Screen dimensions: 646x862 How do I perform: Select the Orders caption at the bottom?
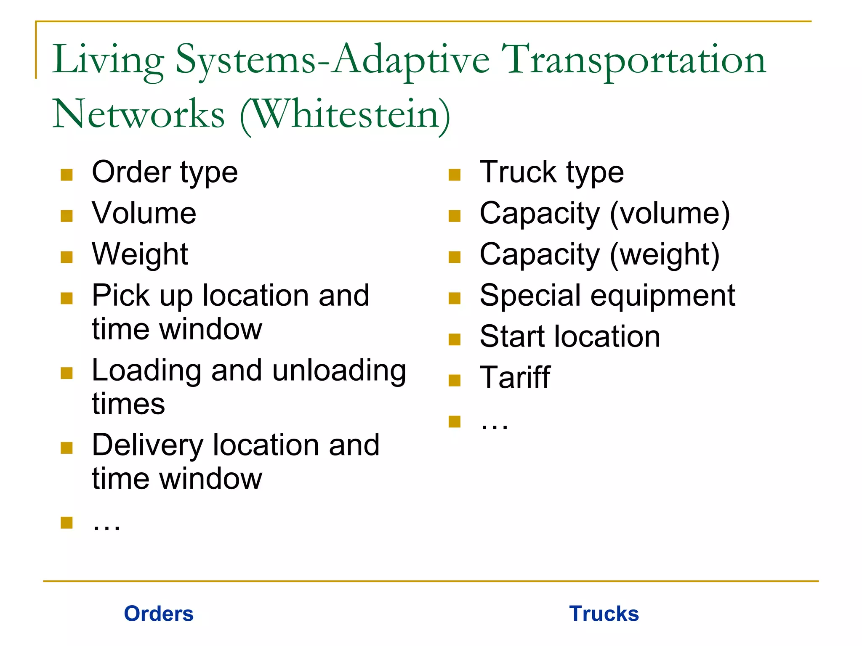pos(159,614)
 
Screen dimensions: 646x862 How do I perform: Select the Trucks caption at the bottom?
pos(604,614)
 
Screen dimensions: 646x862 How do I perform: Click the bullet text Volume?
pos(144,213)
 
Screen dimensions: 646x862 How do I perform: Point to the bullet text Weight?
pos(140,254)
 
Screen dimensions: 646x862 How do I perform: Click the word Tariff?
pos(515,377)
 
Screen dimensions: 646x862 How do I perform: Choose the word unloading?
pos(339,371)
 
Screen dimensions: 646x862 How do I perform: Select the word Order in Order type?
pos(131,172)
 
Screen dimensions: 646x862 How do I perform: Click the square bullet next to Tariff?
pos(455,381)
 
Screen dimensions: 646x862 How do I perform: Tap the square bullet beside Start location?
pos(455,339)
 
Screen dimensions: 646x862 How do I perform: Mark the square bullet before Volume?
pos(67,216)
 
